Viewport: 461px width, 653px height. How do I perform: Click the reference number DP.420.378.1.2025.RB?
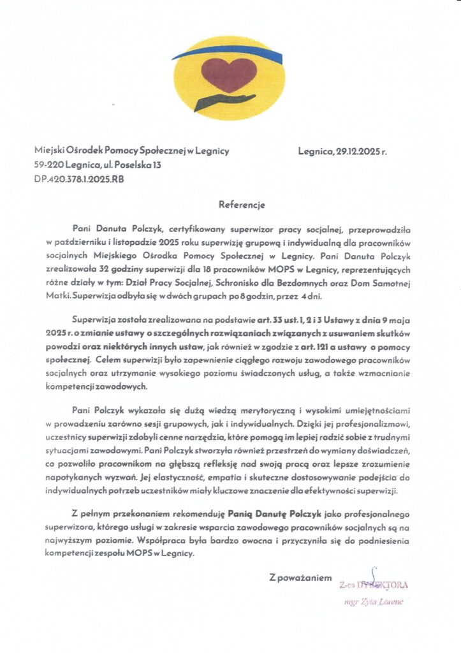pos(79,180)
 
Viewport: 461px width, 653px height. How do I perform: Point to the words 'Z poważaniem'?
pos(301,578)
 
